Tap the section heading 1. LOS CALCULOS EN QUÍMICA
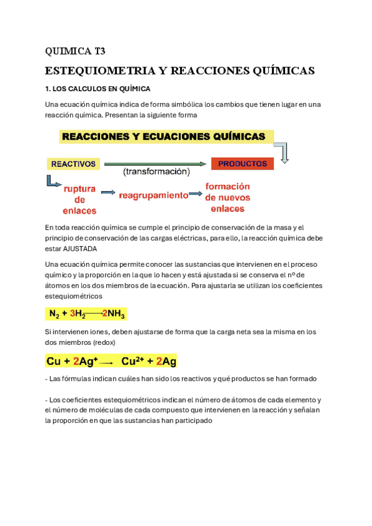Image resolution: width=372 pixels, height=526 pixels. pyautogui.click(x=98, y=89)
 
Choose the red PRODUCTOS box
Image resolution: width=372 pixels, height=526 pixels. pyautogui.click(x=242, y=164)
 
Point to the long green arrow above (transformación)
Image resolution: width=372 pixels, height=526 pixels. pyautogui.click(x=155, y=164)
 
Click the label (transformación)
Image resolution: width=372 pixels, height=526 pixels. pyautogui.click(x=156, y=171)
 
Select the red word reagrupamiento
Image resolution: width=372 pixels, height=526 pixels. pyautogui.click(x=153, y=195)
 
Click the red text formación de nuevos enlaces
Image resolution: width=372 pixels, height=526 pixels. pyautogui.click(x=227, y=197)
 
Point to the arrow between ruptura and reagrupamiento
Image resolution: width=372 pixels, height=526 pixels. pyautogui.click(x=108, y=193)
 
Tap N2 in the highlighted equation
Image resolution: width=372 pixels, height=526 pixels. pyautogui.click(x=54, y=314)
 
